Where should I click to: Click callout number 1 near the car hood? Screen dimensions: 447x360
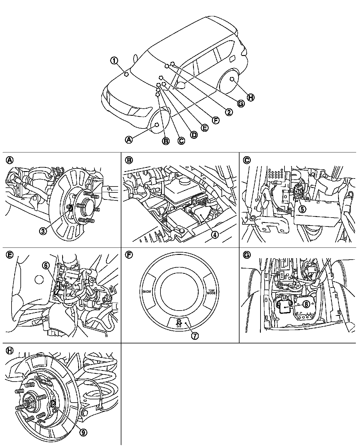tap(114, 61)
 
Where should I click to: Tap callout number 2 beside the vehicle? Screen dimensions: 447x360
tap(228, 112)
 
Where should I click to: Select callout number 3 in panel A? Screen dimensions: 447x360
tap(44, 231)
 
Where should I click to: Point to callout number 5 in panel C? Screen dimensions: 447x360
tap(302, 209)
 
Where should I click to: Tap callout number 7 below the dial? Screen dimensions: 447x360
tap(195, 336)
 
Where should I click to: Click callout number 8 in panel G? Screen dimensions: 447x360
tap(306, 303)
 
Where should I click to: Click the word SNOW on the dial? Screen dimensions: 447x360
tap(147, 292)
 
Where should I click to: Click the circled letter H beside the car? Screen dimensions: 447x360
tap(250, 97)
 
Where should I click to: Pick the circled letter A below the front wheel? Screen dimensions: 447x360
tap(128, 139)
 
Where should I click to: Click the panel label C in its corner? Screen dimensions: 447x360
tap(246, 160)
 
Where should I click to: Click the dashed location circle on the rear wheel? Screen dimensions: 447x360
tap(232, 79)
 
